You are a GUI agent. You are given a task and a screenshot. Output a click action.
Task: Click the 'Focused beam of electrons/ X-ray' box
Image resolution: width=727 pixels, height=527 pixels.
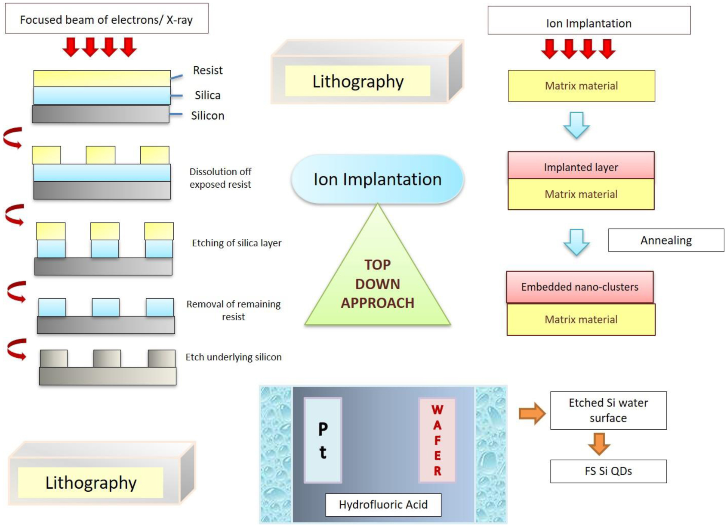click(106, 19)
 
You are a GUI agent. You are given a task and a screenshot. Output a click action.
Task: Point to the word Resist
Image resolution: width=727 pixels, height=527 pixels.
click(208, 71)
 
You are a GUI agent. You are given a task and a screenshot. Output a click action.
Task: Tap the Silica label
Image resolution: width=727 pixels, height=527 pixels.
click(207, 95)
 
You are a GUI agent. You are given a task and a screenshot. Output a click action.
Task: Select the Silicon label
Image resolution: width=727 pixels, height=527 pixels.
click(208, 116)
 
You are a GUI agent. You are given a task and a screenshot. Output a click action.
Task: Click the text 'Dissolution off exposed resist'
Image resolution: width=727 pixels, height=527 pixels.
click(220, 178)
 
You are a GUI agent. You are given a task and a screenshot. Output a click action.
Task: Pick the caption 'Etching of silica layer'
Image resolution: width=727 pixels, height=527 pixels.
click(237, 243)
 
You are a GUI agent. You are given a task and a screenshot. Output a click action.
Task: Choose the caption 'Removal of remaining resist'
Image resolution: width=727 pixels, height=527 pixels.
click(233, 310)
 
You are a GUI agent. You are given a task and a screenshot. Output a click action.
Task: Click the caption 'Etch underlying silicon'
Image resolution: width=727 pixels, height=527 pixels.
click(234, 357)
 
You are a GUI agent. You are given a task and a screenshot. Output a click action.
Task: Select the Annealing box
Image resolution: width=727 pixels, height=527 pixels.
click(666, 240)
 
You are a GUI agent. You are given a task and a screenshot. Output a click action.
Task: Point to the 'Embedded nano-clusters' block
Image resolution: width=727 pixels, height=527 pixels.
click(580, 287)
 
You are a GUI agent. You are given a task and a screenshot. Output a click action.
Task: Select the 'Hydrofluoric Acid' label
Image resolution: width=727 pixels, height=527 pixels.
click(383, 505)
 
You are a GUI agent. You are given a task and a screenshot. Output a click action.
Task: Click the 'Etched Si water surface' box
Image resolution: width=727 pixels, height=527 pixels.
click(608, 410)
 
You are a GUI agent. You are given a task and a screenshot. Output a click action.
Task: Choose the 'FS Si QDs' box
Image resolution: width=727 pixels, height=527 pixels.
click(608, 471)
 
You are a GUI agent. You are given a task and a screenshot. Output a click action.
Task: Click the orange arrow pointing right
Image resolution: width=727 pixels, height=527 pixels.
click(532, 414)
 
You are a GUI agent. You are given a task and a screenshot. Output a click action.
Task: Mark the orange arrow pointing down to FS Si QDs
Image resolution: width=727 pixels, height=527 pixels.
click(599, 443)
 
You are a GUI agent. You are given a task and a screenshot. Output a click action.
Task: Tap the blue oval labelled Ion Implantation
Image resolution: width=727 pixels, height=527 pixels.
click(377, 179)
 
